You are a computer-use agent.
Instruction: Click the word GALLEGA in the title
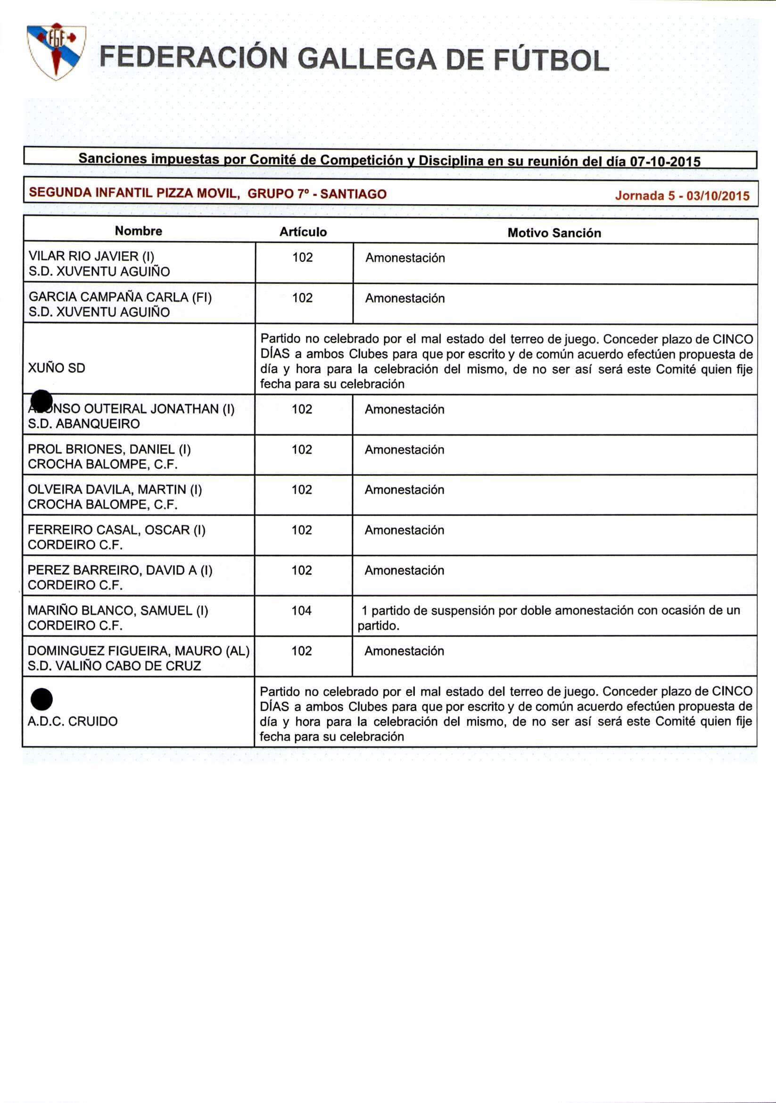coord(367,59)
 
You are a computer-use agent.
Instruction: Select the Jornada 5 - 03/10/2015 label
coord(682,196)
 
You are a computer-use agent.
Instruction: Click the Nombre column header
coord(139,231)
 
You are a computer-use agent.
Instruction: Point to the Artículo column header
coord(303,232)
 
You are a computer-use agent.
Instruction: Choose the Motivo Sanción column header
coord(554,233)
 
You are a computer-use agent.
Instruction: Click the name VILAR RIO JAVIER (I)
coord(91,256)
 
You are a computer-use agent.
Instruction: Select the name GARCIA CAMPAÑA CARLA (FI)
coord(120,297)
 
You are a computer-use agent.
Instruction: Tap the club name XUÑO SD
coord(56,368)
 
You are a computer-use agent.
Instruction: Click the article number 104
coord(301,610)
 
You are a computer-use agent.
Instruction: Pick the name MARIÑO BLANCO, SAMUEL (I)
coord(118,610)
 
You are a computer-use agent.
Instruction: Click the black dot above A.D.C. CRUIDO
coord(42,699)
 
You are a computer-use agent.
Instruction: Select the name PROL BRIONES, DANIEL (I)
coord(109,449)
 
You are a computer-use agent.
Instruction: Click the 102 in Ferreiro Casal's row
coord(301,530)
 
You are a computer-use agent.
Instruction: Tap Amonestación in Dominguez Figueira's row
coord(404,651)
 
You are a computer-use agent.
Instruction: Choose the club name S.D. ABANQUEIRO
coord(83,424)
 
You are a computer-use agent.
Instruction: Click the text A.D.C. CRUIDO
coord(73,722)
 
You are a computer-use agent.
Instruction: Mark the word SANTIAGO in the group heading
coord(353,194)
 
